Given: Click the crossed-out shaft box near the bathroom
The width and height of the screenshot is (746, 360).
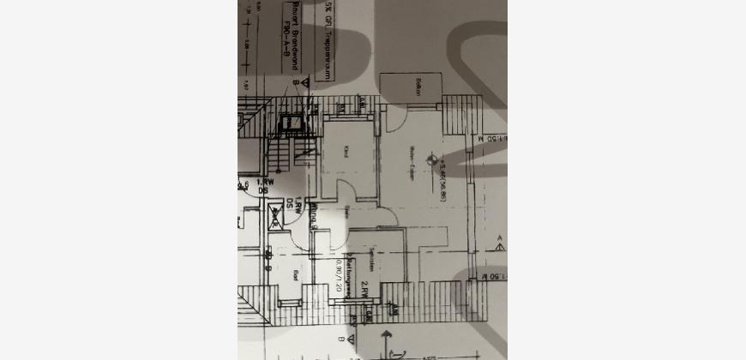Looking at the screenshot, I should [x=276, y=213].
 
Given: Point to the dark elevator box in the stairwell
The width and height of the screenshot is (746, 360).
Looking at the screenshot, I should [x=294, y=122].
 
